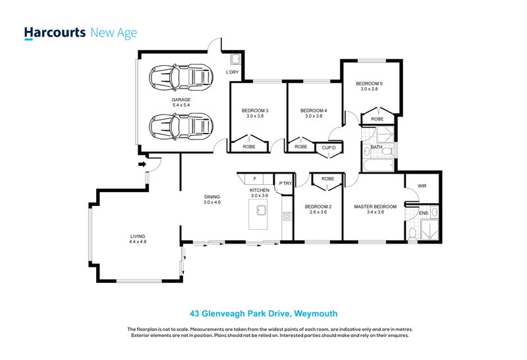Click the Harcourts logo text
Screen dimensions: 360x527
coord(53,33)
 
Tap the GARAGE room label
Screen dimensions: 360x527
coord(163,99)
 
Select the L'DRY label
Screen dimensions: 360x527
coord(232,72)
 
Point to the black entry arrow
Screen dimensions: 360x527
coord(141,165)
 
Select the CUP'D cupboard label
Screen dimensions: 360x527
coord(327,147)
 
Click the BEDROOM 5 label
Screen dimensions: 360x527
coord(369,84)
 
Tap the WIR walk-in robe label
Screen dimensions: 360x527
coord(422,186)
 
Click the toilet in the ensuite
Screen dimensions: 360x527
coord(413,232)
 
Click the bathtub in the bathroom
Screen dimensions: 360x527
coord(377,165)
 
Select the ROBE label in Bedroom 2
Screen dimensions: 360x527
coord(327,178)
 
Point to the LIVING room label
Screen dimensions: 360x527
coord(137,236)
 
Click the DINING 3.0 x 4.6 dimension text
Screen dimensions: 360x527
coord(211,202)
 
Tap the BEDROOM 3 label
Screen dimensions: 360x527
coord(254,110)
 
